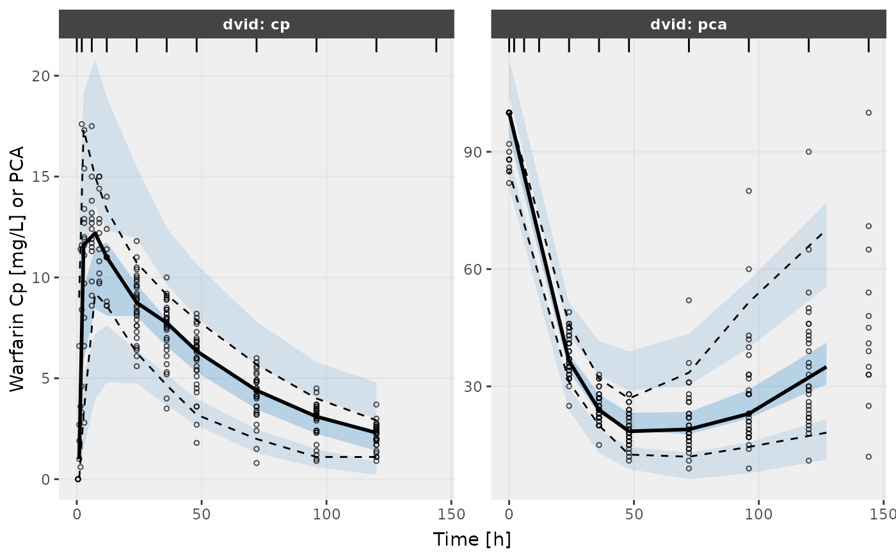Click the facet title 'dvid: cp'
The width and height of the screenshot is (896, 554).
pyautogui.click(x=257, y=25)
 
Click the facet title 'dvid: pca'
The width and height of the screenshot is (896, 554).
pyautogui.click(x=689, y=25)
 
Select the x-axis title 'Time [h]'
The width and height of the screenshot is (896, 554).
pyautogui.click(x=472, y=539)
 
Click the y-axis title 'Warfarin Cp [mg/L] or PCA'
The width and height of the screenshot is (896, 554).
pyautogui.click(x=17, y=269)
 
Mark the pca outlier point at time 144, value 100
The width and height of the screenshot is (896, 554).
pyautogui.click(x=868, y=113)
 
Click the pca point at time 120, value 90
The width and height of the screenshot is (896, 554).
pyautogui.click(x=808, y=152)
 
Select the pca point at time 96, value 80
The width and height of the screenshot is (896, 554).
pyautogui.click(x=749, y=191)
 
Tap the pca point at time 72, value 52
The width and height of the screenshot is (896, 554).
pyautogui.click(x=689, y=300)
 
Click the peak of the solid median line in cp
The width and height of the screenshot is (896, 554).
pyautogui.click(x=94, y=233)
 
